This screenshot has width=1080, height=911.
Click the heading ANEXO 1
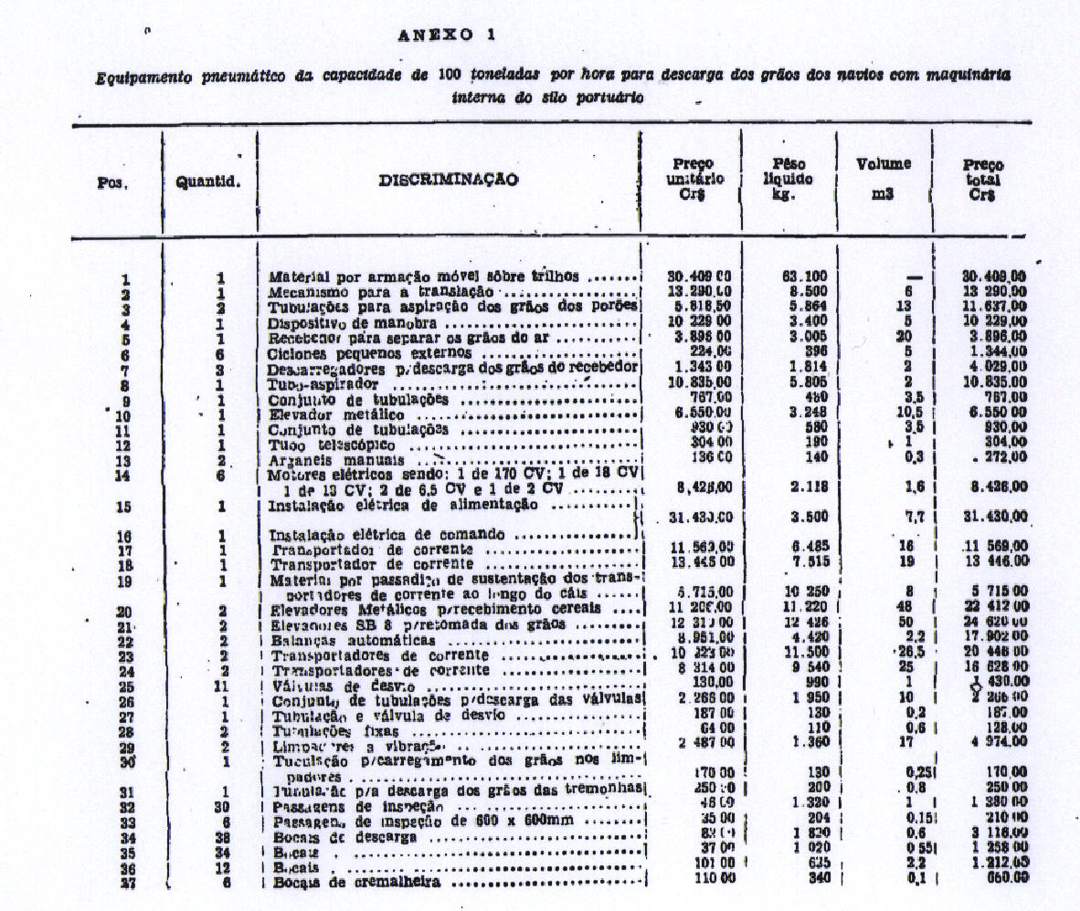point(447,36)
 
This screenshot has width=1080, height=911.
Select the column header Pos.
point(112,182)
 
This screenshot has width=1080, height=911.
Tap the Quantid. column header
point(208,181)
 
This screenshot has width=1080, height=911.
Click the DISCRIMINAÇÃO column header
point(448,180)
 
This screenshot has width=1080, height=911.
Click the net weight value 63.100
point(789,277)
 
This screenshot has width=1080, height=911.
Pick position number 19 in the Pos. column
point(125,581)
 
